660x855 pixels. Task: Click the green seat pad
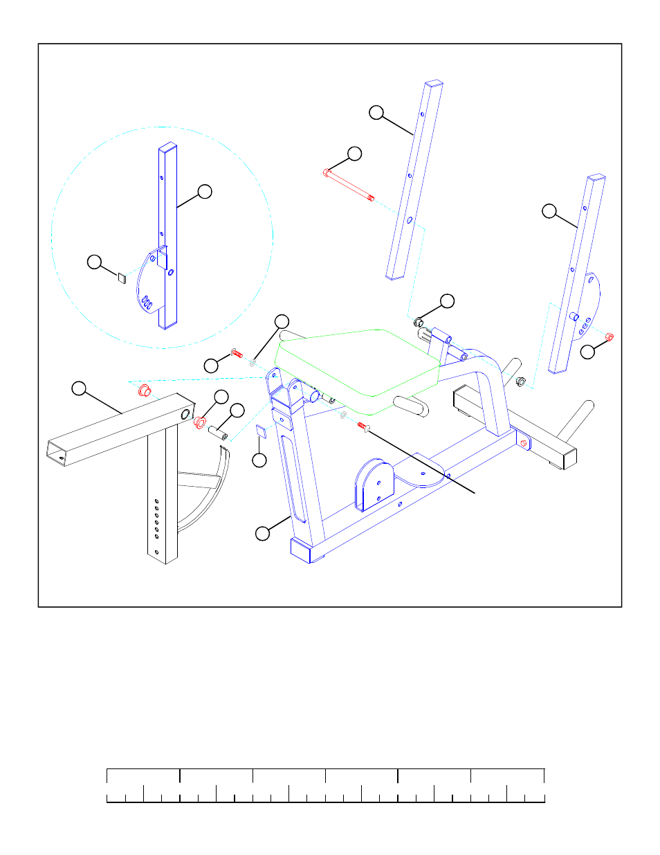click(x=356, y=363)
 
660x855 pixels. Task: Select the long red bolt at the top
click(x=349, y=186)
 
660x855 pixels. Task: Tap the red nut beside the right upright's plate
click(x=609, y=337)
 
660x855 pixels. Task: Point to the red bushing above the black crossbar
click(x=145, y=390)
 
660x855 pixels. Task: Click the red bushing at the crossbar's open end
click(x=201, y=422)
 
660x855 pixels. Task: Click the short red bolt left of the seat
click(x=236, y=354)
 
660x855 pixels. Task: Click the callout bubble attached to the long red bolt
click(x=354, y=154)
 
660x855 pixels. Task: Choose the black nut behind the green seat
click(x=419, y=321)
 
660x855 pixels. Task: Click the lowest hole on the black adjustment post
click(x=157, y=552)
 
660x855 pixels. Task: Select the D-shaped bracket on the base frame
click(x=374, y=483)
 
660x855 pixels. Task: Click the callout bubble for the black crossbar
click(x=80, y=388)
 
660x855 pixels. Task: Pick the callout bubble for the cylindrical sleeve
click(x=237, y=410)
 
